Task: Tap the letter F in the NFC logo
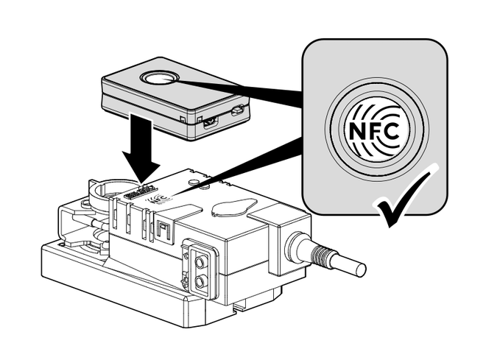376,133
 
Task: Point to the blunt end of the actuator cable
359,269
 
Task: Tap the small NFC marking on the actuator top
155,199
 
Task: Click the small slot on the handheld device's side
237,111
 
